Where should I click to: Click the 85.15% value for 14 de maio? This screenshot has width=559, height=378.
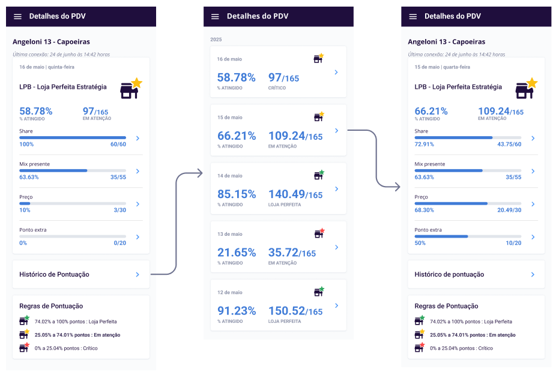[x=237, y=194]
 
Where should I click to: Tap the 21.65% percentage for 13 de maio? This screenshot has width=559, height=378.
[x=237, y=253]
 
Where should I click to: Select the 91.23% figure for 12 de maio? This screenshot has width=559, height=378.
[x=237, y=311]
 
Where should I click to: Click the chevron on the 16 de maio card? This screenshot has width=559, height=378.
[x=336, y=72]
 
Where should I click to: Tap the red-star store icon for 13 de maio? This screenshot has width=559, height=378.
[x=319, y=233]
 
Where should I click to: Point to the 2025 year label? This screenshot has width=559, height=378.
[x=216, y=39]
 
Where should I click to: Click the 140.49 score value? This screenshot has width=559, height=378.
[x=286, y=194]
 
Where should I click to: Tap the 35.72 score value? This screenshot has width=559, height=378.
[x=283, y=253]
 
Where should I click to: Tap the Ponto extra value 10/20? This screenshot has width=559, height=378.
[x=513, y=243]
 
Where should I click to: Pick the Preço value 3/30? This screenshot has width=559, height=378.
[x=119, y=210]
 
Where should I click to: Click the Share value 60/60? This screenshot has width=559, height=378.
[x=118, y=144]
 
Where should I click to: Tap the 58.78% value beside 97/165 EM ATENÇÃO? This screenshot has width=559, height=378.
[x=36, y=111]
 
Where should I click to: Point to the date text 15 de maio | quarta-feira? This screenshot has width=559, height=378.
[x=442, y=67]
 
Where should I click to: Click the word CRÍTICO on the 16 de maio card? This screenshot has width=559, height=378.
[x=277, y=88]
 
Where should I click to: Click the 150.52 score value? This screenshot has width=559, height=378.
[x=286, y=311]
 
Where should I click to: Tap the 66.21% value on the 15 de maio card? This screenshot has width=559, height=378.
[x=237, y=136]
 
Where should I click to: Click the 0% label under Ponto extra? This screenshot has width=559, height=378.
[x=23, y=243]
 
